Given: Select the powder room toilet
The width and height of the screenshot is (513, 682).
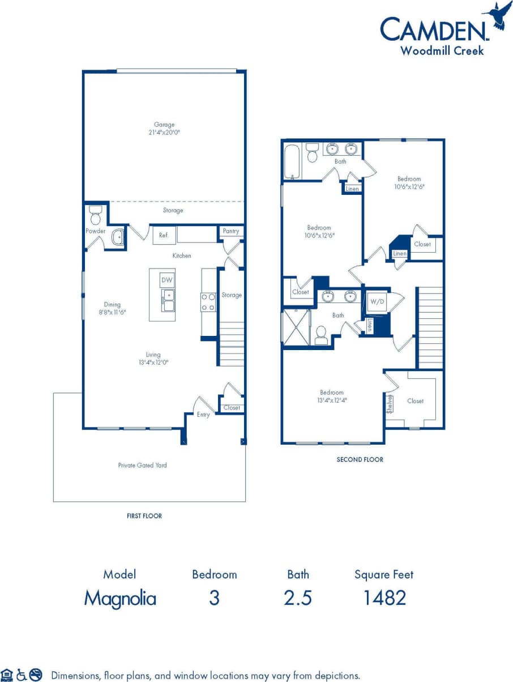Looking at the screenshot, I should click(95, 215).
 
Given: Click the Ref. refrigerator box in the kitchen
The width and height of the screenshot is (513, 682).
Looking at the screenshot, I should click(164, 235).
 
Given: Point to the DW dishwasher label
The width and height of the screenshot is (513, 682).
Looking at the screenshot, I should click(166, 280).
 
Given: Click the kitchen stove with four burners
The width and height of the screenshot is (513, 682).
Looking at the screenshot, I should click(208, 302).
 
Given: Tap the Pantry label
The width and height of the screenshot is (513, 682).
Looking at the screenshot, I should click(231, 231).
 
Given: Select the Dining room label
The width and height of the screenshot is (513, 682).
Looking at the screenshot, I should click(112, 305).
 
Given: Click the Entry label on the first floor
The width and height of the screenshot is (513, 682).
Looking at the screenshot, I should click(203, 415).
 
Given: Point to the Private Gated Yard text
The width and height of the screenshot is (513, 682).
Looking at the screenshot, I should click(142, 465).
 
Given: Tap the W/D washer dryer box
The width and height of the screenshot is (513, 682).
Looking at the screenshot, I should click(377, 302).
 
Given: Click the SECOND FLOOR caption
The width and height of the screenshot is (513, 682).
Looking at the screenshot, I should click(360, 459).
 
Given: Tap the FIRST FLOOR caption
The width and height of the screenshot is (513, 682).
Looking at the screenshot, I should click(144, 516).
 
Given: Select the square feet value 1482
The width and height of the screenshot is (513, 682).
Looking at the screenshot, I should click(384, 598).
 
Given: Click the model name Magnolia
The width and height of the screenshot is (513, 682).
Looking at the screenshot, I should click(120, 598).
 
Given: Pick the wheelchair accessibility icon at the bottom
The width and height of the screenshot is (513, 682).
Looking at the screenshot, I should click(22, 675).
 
